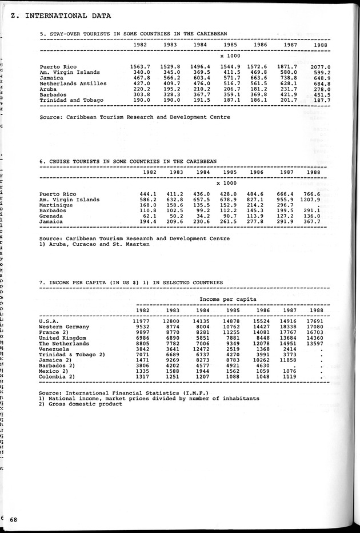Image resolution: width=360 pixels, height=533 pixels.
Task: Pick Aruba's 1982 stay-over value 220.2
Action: pos(141,89)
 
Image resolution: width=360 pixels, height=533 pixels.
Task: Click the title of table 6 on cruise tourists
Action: pos(128,161)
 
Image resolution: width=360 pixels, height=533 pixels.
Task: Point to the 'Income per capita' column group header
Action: pos(228,299)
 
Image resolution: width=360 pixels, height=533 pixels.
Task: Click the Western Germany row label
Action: pos(64,327)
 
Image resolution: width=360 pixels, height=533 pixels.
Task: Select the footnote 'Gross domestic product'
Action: pos(81,404)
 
